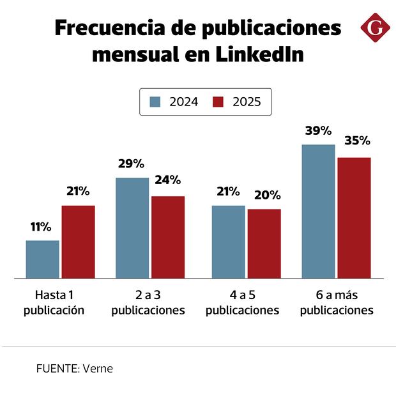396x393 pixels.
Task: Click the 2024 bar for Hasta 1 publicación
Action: [42, 259]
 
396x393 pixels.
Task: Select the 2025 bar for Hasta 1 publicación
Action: [78, 242]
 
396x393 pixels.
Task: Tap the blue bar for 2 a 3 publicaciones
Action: [132, 227]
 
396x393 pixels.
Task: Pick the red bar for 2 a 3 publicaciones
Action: [168, 237]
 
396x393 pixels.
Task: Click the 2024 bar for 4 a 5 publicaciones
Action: [229, 242]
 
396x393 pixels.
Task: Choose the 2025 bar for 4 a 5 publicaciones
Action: [264, 243]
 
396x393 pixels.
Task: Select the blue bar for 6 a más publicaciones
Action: [319, 211]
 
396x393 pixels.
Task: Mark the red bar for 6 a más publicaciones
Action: [354, 217]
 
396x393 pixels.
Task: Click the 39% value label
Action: [318, 131]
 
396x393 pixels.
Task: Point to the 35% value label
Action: [355, 141]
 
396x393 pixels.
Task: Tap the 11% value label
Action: [41, 227]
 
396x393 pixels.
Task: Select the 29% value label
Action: [132, 164]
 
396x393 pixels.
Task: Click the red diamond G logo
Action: [374, 29]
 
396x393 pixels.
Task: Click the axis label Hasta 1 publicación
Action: [54, 303]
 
